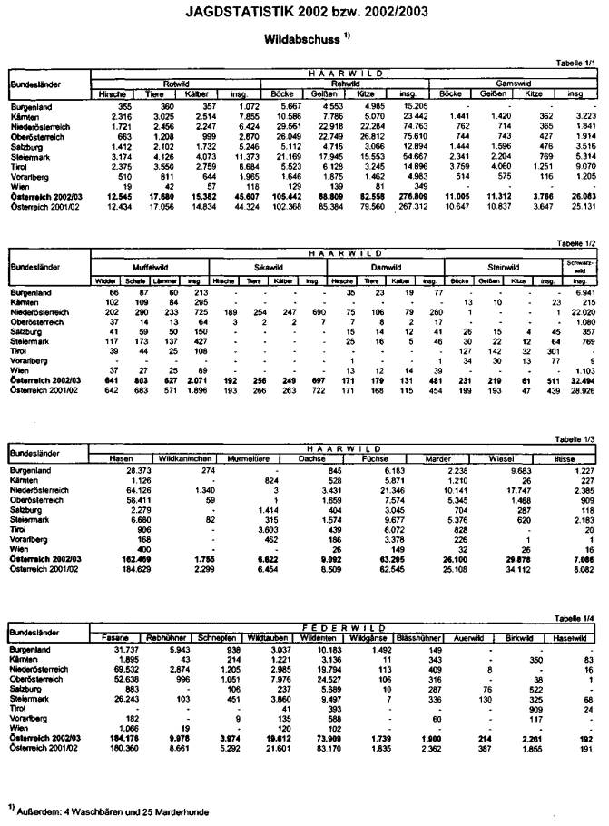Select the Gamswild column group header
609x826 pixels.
coord(513,82)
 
